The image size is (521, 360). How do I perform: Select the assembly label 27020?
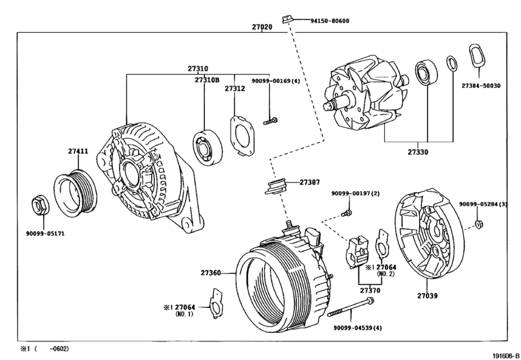click(x=262, y=28)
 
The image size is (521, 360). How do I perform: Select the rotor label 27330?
click(x=417, y=152)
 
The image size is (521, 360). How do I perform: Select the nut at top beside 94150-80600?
click(x=287, y=16)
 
